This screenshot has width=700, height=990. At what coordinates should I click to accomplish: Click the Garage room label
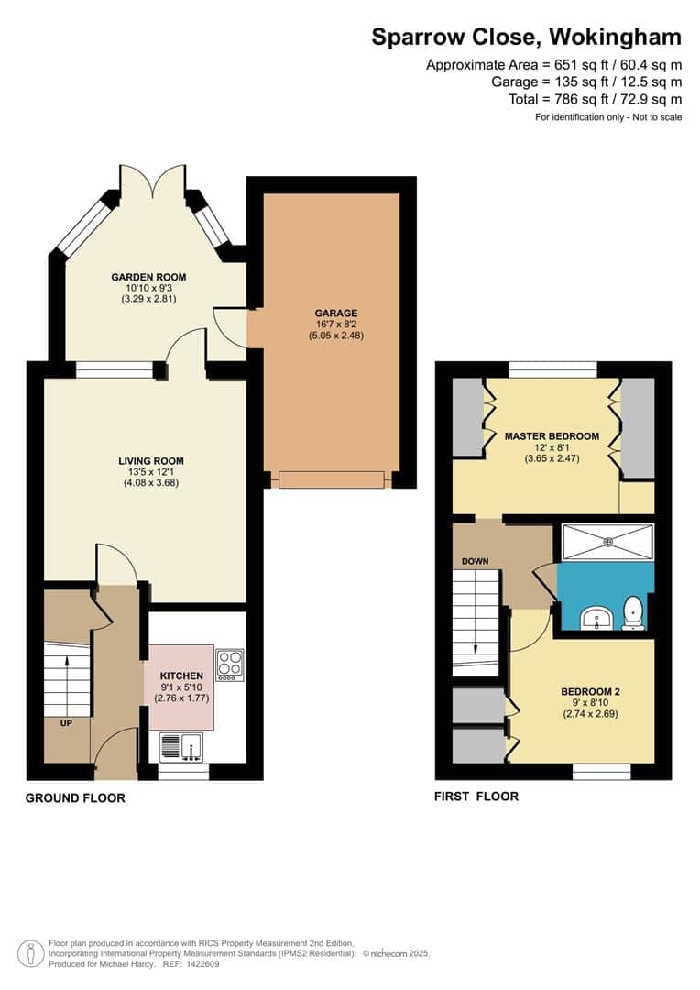click(x=331, y=313)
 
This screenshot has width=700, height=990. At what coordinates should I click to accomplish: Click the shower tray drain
click(x=607, y=541)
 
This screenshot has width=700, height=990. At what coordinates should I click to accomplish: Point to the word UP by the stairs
click(x=67, y=723)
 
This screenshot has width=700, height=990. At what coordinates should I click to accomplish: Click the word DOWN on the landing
click(x=476, y=561)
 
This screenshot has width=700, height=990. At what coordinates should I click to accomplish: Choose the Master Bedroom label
click(x=552, y=435)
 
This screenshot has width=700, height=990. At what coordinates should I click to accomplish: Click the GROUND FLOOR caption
click(x=75, y=798)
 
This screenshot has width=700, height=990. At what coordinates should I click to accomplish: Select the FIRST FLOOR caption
click(x=476, y=797)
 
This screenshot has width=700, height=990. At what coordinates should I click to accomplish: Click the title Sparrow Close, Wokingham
click(x=526, y=38)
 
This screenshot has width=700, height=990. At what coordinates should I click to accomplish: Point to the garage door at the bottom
click(x=332, y=479)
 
